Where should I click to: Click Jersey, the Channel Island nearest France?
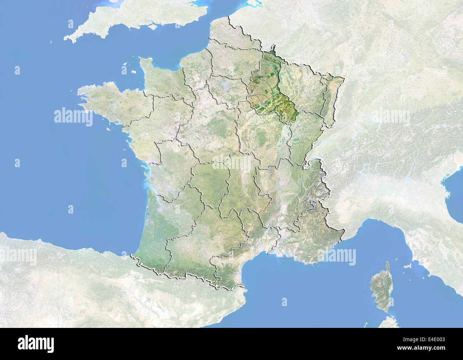click(x=134, y=71)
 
